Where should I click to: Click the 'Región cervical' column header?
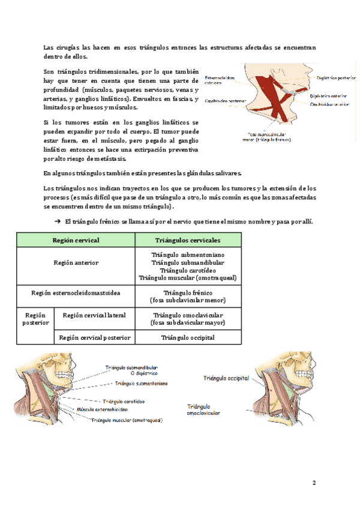[76, 240]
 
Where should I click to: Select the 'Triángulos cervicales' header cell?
[187, 240]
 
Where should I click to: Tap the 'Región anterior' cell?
[76, 262]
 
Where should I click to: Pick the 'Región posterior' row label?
[35, 319]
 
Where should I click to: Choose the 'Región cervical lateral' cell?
[94, 315]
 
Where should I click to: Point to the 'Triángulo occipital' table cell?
[187, 337]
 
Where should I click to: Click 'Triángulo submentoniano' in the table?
[187, 254]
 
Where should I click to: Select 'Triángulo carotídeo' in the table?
[187, 270]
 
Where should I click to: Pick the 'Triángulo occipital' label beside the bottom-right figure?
[226, 379]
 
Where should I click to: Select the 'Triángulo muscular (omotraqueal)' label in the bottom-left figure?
[127, 420]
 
